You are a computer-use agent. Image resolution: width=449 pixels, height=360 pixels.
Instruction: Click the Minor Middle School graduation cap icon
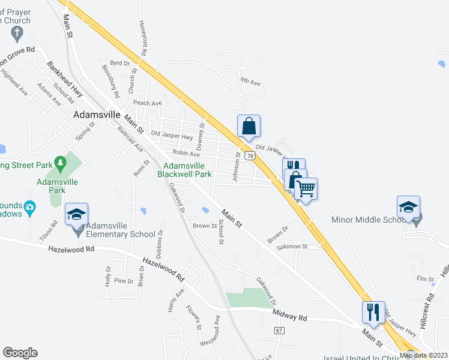409,208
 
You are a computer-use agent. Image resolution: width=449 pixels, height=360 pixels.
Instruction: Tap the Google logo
20,353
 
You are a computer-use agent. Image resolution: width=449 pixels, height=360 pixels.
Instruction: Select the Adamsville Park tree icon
59,163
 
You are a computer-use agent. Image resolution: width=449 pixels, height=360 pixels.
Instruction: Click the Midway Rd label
289,314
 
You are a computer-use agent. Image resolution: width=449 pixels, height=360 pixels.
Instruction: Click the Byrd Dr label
120,63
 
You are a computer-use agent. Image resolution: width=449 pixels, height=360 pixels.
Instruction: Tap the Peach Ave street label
148,103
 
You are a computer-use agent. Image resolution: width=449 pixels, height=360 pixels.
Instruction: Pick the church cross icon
17,32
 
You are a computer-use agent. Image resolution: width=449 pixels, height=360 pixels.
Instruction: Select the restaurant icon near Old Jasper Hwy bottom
372,312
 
